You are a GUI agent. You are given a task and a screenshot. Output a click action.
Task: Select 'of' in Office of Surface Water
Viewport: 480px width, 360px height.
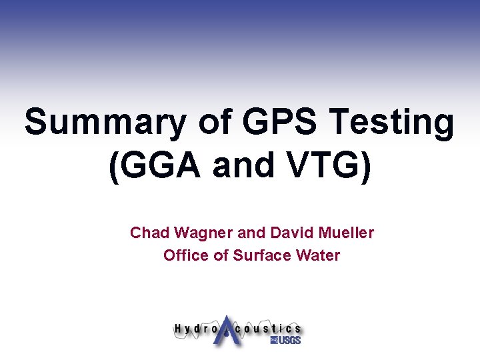(221, 255)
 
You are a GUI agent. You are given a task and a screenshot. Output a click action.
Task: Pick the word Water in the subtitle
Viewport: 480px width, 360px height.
(318, 255)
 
